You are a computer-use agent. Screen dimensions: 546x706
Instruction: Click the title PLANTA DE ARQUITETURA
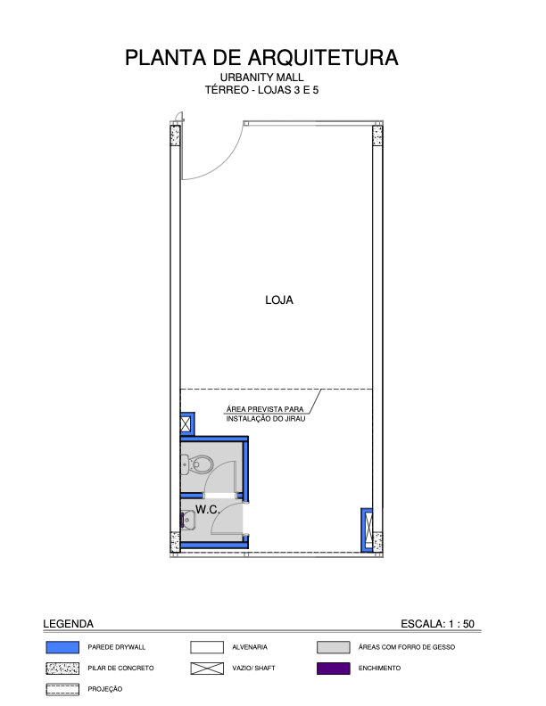click(x=261, y=58)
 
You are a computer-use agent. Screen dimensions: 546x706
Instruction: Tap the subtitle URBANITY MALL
click(x=261, y=78)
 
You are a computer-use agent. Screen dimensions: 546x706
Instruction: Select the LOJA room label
click(x=279, y=300)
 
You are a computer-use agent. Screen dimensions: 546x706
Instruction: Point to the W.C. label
click(x=208, y=510)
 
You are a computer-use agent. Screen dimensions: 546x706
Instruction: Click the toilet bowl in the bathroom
click(x=197, y=464)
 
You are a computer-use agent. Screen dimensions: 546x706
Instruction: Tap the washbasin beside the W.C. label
click(x=188, y=520)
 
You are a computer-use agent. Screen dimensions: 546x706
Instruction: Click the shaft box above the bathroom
click(x=186, y=424)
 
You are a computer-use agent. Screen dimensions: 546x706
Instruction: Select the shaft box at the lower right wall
click(x=368, y=530)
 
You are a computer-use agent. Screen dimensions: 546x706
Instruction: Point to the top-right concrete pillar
click(x=377, y=135)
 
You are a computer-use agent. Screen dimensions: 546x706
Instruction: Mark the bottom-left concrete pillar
click(x=175, y=542)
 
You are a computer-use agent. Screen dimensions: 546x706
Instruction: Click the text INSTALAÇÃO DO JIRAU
click(x=266, y=419)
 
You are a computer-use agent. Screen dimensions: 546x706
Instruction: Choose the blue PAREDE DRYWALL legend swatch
click(x=62, y=647)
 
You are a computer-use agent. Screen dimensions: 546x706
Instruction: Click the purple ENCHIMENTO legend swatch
click(x=334, y=669)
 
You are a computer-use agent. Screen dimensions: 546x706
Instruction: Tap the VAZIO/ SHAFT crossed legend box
click(x=207, y=669)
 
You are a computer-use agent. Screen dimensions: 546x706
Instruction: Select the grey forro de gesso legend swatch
click(x=334, y=647)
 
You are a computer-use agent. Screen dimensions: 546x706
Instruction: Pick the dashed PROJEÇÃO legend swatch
click(x=62, y=689)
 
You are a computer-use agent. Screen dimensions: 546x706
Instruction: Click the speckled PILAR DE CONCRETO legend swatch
click(x=62, y=669)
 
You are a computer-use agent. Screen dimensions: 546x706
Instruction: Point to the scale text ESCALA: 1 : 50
click(x=437, y=624)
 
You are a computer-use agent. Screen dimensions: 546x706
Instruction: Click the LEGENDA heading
click(x=68, y=624)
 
